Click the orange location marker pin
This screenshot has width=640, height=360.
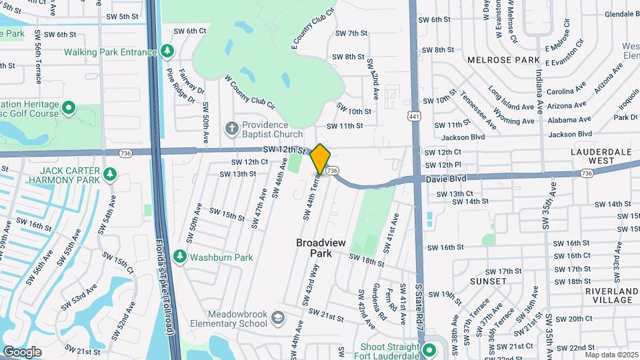[321, 159]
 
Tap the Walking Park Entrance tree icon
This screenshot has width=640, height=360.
[167, 51]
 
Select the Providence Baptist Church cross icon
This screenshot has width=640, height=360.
[231, 128]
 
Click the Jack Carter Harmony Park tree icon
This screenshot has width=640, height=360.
[110, 175]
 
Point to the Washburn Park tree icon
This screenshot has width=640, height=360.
[179, 257]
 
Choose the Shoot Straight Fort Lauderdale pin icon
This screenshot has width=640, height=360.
[429, 349]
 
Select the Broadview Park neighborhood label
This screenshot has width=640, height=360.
[321, 247]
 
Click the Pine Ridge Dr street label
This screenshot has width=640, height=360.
[181, 87]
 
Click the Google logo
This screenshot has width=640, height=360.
[22, 351]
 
